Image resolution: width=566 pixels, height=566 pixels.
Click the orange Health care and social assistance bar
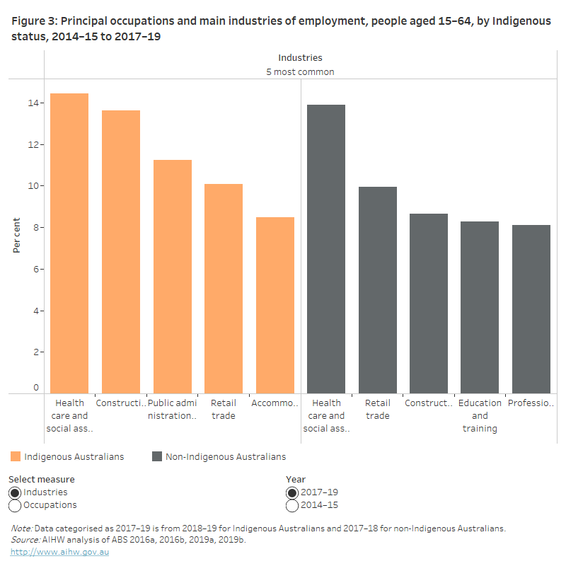tap(69, 244)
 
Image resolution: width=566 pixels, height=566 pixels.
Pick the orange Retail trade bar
tap(224, 289)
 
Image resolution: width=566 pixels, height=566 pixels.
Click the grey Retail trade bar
tap(378, 291)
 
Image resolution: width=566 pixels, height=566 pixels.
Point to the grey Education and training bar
tap(480, 308)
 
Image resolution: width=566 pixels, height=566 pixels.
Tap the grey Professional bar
tap(531, 310)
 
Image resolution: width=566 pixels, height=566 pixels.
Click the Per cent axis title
tap(16, 236)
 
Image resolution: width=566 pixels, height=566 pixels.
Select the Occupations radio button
tap(15, 505)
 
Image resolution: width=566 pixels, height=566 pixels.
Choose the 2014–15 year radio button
tap(292, 505)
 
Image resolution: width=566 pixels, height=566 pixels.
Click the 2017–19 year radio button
tap(292, 492)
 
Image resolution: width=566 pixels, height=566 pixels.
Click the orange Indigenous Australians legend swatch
tap(16, 456)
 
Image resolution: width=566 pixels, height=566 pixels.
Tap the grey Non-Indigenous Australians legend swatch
tap(157, 456)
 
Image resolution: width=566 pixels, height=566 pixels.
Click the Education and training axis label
tap(480, 415)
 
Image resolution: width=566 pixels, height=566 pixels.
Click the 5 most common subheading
tap(300, 71)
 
